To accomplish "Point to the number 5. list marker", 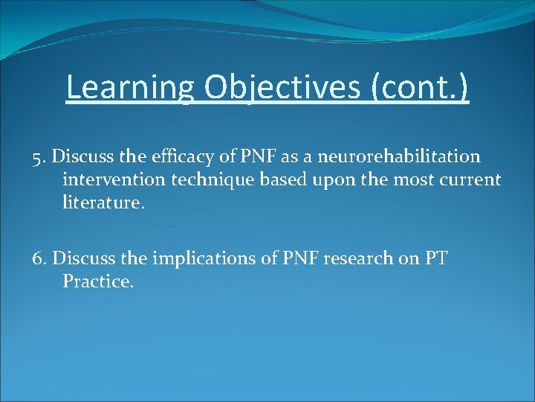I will coord(40,157).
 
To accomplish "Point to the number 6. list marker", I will coord(41,259).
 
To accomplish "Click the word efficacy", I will coord(185,157).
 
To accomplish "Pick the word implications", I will coord(187,259).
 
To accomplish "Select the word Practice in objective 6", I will coord(97,281).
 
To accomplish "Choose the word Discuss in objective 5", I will coord(81,157).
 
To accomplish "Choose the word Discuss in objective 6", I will coord(81,259).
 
